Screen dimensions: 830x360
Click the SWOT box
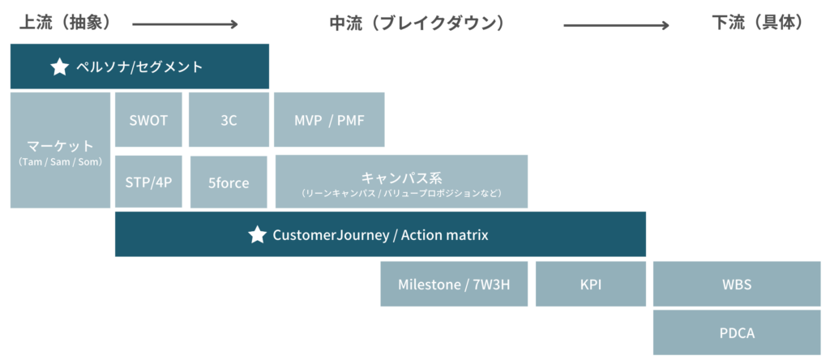pyautogui.click(x=148, y=120)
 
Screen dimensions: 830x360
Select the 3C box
pyautogui.click(x=229, y=120)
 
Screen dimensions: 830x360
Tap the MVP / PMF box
pyautogui.click(x=329, y=120)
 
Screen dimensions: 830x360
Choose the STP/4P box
pyautogui.click(x=148, y=182)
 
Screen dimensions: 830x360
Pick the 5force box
pyautogui.click(x=229, y=182)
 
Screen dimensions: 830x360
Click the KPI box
pyautogui.click(x=591, y=284)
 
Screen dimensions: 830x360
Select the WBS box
pyautogui.click(x=737, y=284)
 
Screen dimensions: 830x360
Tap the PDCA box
pyautogui.click(x=737, y=332)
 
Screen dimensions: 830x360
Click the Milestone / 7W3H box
pyautogui.click(x=454, y=284)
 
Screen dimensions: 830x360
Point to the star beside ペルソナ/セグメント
pyautogui.click(x=59, y=67)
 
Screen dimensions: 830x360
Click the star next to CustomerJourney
pyautogui.click(x=257, y=234)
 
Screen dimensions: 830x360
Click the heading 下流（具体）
pyautogui.click(x=759, y=24)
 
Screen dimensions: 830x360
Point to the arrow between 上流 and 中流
pyautogui.click(x=186, y=24)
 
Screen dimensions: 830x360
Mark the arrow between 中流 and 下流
pyautogui.click(x=617, y=25)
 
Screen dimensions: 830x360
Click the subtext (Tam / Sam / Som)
pyautogui.click(x=60, y=162)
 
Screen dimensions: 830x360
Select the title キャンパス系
pyautogui.click(x=401, y=177)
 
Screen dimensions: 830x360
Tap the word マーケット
pyautogui.click(x=60, y=146)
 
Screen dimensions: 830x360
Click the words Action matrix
pyautogui.click(x=445, y=234)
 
